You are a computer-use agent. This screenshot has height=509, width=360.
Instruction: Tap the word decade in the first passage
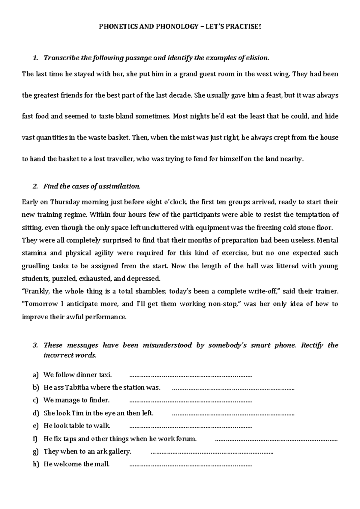[x=179, y=95]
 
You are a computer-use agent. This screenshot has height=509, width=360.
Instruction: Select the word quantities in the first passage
[x=52, y=138]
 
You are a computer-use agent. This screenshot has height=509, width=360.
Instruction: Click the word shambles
[x=150, y=291]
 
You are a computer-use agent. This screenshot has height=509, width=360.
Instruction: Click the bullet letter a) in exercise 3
[x=36, y=375]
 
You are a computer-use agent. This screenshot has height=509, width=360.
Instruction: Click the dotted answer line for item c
[x=190, y=400]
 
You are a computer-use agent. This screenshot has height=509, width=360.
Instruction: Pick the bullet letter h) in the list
[x=36, y=464]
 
